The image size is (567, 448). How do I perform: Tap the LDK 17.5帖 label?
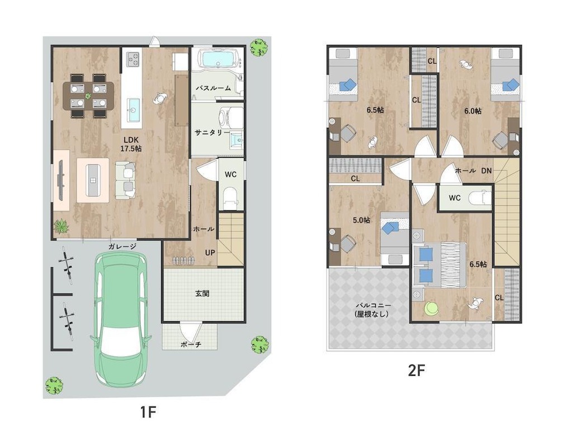[x=131, y=144]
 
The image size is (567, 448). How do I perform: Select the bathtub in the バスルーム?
[x=218, y=59]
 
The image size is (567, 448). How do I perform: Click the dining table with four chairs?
[x=88, y=96]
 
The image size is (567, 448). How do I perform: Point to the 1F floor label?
[x=148, y=412]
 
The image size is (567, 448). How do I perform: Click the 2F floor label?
[x=416, y=370]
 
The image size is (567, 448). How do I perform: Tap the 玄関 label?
[x=202, y=293]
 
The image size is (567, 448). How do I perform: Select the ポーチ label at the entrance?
[x=191, y=344]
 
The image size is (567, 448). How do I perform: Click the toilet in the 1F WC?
[x=230, y=198]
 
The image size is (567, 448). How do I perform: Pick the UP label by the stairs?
[x=210, y=253]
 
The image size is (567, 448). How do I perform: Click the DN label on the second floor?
[x=486, y=170]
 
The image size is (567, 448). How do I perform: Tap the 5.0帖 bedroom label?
[x=361, y=220]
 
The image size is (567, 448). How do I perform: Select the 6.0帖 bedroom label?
[x=473, y=111]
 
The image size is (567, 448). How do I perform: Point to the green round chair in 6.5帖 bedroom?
[x=431, y=309]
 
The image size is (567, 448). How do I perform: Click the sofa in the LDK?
[x=125, y=180]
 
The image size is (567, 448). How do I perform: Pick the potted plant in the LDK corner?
[x=62, y=226]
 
